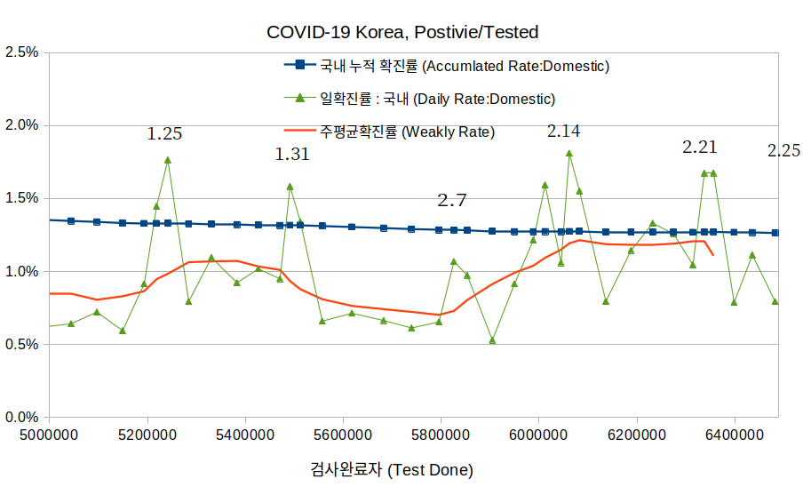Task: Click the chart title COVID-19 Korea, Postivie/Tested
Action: [x=402, y=32]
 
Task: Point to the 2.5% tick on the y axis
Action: [x=22, y=52]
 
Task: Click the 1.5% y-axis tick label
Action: [x=22, y=198]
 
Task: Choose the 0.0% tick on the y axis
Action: [x=22, y=417]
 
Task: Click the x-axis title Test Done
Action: [x=392, y=469]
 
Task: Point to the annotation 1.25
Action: [x=164, y=134]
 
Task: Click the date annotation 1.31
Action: [x=292, y=154]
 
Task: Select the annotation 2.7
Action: [x=451, y=200]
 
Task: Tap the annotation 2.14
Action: [x=563, y=132]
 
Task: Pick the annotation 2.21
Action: [x=699, y=148]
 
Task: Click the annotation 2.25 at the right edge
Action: [x=784, y=151]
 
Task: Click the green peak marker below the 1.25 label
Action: [x=168, y=160]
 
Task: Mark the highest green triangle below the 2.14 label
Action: [x=569, y=153]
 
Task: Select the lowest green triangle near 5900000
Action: [x=492, y=340]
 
